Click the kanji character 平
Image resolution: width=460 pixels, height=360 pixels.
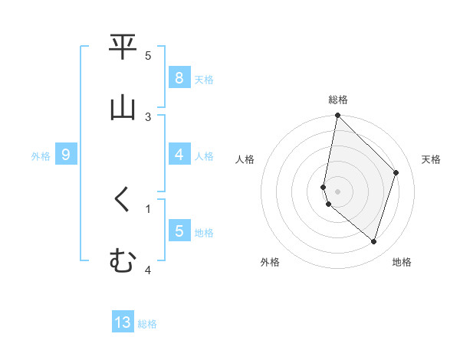point(123,48)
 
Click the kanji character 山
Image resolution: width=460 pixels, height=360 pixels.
point(123,107)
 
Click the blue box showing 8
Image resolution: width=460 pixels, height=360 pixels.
point(179,77)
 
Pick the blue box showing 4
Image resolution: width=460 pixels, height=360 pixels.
point(179,155)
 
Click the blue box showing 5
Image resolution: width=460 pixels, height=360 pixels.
point(179,231)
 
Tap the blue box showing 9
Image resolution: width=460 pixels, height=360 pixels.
point(66,155)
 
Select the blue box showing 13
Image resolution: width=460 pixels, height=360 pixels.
point(123,322)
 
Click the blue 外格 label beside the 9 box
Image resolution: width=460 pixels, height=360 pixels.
point(41,155)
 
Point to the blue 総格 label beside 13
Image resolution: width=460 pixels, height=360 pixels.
point(147,324)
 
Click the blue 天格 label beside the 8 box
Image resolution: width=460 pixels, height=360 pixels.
point(204,79)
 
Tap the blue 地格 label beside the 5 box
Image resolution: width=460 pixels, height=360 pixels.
point(204,232)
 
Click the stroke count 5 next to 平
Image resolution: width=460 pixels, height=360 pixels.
point(148,56)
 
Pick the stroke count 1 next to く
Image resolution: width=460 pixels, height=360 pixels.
point(148,208)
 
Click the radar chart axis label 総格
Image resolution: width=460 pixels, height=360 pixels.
point(338,100)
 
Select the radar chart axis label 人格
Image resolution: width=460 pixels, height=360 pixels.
point(245,159)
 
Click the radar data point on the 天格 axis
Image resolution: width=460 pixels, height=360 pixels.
point(396,172)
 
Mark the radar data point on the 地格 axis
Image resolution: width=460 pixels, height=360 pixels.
point(374,241)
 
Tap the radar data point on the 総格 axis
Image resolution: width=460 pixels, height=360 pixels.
point(338,115)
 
